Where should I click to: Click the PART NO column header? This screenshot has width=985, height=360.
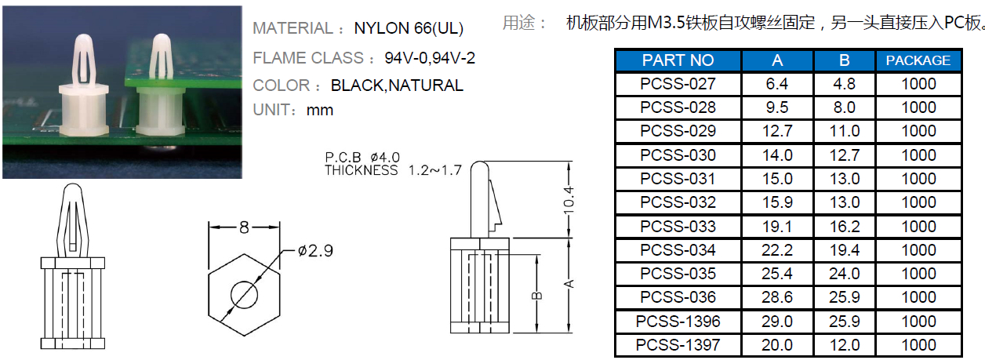coord(678,60)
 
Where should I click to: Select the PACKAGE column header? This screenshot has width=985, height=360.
coord(918,60)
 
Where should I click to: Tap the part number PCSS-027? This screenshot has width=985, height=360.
coord(678,83)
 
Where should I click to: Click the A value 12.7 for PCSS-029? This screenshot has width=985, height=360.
coord(777,131)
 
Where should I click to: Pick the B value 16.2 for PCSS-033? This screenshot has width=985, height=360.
coord(845,227)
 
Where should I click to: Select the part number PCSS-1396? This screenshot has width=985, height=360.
coord(678,322)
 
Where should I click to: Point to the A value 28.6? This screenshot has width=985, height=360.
coord(777,297)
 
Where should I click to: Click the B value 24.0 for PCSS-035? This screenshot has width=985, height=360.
coord(845,274)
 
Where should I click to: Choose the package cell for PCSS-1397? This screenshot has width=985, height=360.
coord(918,345)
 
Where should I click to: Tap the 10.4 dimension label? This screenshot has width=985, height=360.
coord(569,200)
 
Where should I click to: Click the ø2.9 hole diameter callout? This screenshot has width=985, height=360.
coord(315,251)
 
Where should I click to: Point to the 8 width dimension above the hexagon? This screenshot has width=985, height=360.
coord(244,227)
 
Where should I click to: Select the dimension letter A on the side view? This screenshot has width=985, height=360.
coord(569,284)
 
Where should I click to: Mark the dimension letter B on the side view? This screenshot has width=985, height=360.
coord(537,296)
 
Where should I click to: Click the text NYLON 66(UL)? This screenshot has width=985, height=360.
coord(409,28)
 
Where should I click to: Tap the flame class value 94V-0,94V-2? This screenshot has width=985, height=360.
coord(430,58)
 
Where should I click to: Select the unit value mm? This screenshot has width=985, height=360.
coord(320,110)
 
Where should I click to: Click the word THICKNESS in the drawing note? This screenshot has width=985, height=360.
coord(361,170)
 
